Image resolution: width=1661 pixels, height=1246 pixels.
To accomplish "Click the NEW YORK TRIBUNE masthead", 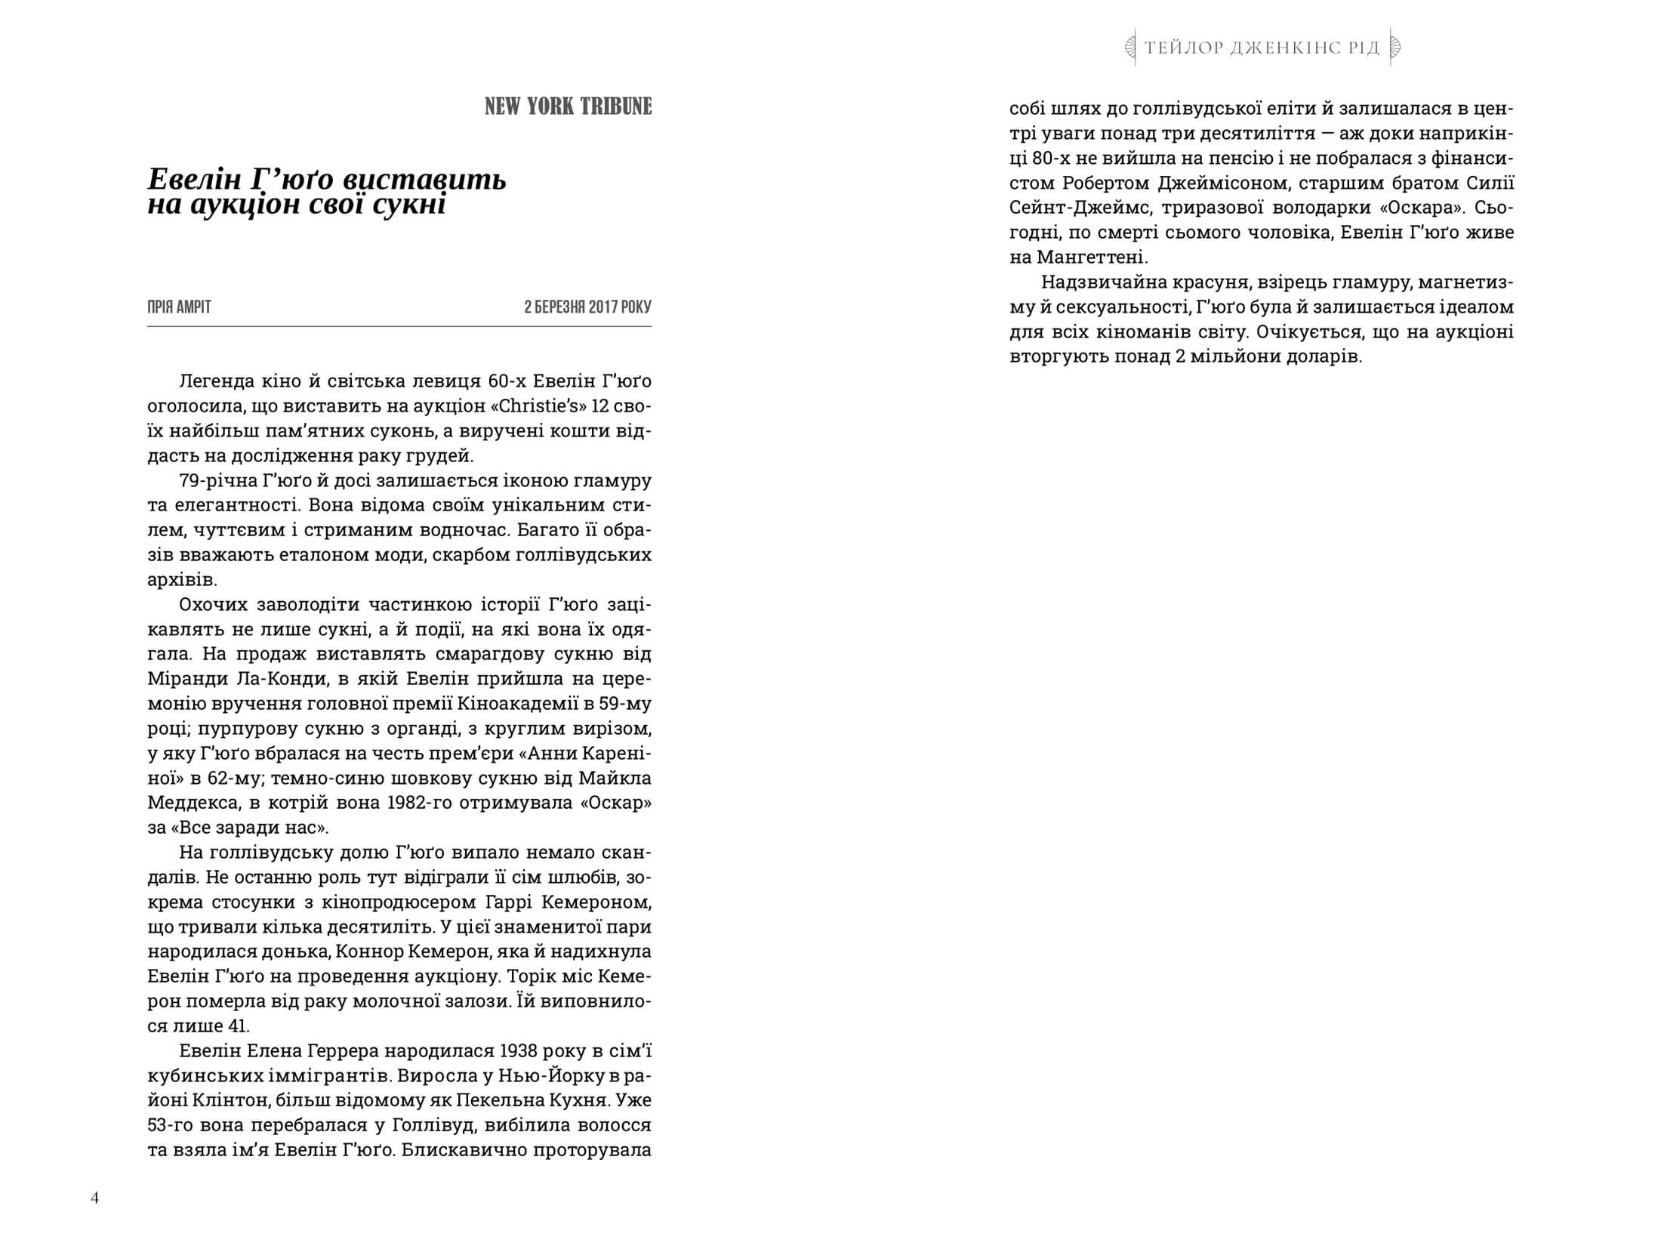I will (568, 106).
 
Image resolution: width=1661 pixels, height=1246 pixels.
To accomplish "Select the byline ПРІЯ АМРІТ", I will (179, 307).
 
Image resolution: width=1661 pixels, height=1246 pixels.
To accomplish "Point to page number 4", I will (94, 1198).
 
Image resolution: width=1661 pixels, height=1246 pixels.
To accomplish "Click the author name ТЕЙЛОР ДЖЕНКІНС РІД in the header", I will (1262, 48).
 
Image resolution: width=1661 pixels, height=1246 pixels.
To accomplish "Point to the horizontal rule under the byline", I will (399, 326).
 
